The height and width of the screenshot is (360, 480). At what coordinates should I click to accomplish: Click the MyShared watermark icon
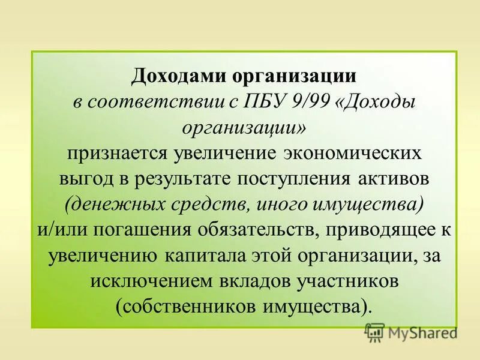pyautogui.click(x=374, y=332)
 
